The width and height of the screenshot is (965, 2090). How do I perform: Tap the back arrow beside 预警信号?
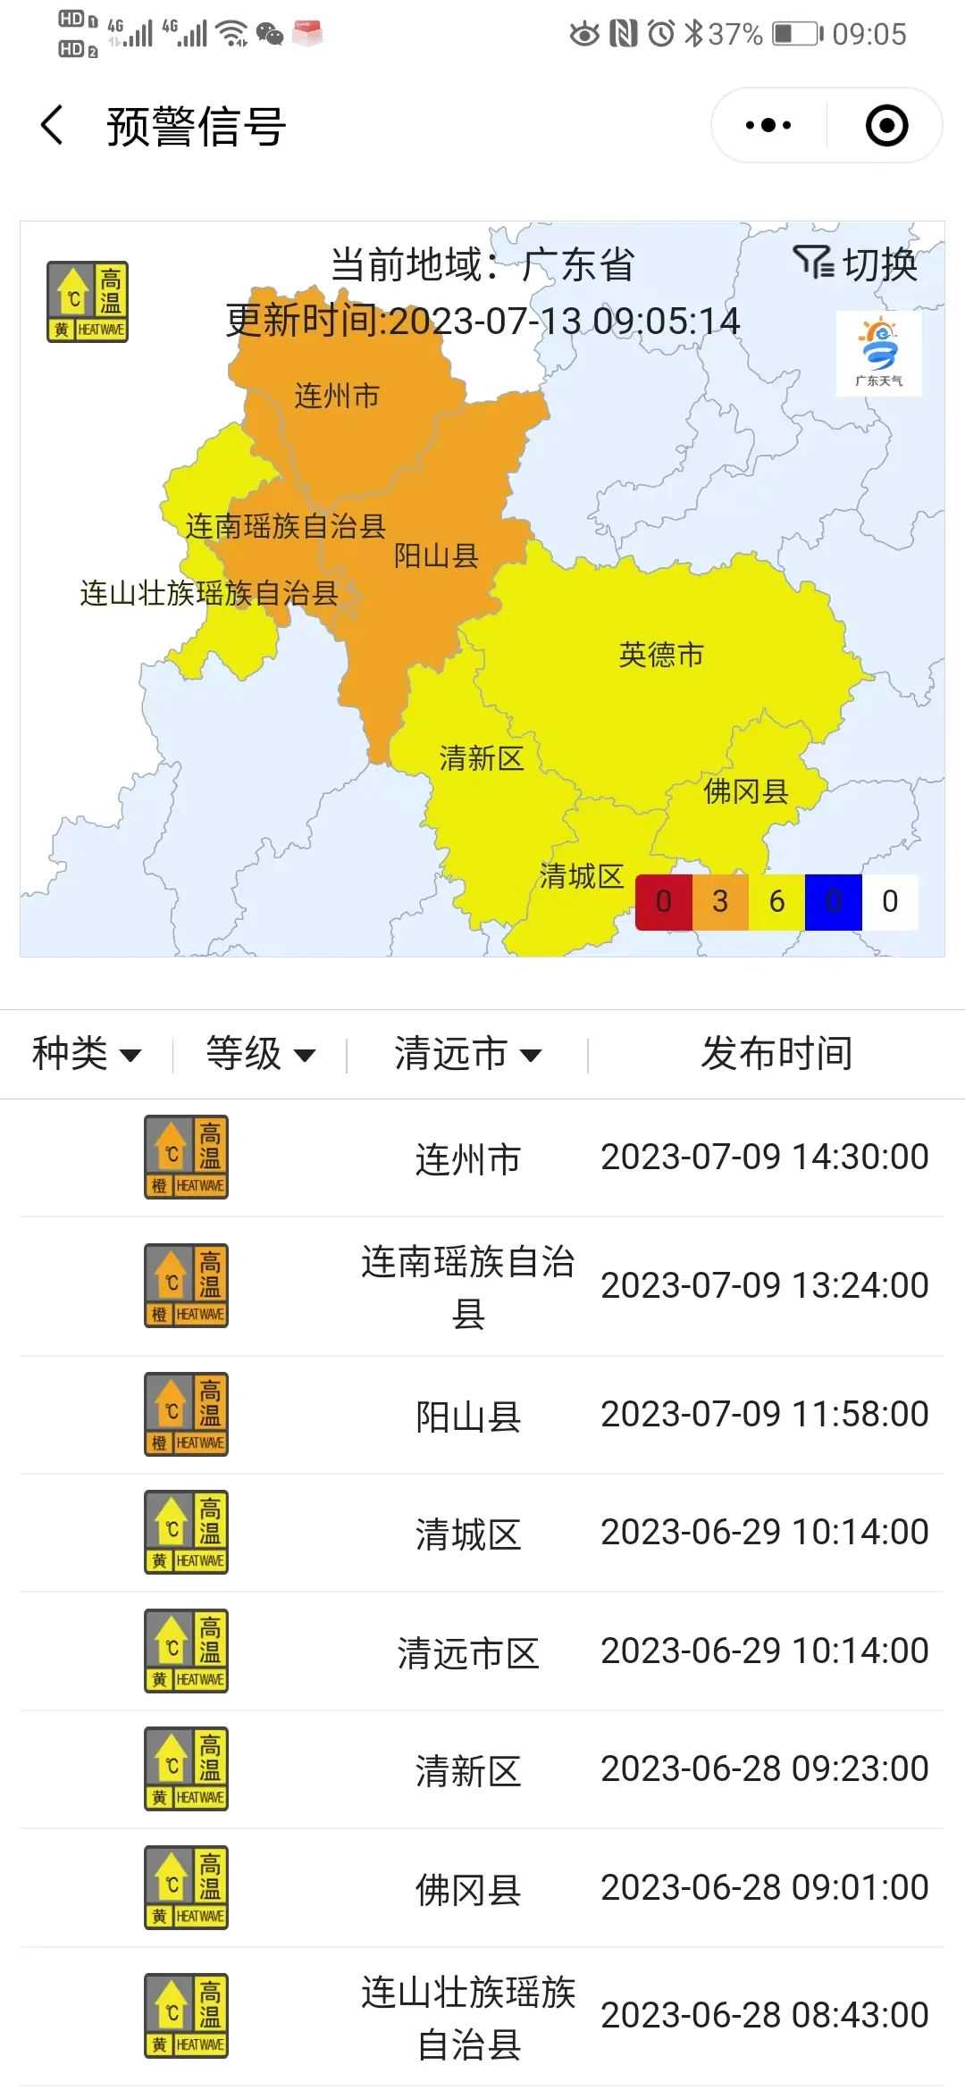click(53, 125)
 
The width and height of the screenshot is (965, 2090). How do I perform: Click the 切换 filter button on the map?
click(855, 264)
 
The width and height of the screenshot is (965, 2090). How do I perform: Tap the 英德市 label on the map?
click(661, 655)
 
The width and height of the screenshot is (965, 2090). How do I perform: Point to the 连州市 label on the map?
click(337, 396)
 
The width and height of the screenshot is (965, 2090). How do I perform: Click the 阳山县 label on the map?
click(437, 556)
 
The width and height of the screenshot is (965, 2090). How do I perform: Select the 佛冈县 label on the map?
click(746, 791)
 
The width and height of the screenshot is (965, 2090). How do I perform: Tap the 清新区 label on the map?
click(482, 759)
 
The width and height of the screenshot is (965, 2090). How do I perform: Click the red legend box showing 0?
click(663, 902)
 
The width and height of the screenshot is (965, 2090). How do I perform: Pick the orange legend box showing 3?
click(720, 902)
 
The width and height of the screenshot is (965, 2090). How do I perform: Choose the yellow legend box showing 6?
click(776, 902)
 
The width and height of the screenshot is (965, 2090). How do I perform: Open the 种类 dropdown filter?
click(87, 1054)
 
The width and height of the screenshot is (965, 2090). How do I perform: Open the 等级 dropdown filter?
click(260, 1054)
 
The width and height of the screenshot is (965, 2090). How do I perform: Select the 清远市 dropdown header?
click(467, 1054)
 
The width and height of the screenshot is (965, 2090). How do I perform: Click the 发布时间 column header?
click(776, 1054)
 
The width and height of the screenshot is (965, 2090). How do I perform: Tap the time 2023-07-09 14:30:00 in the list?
click(765, 1158)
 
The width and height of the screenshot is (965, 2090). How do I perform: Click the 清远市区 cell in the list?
click(468, 1653)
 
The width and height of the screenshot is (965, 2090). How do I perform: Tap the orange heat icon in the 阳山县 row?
click(187, 1414)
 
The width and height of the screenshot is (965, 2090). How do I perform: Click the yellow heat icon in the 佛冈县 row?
click(187, 1887)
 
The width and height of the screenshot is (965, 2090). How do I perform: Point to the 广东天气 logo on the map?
click(879, 354)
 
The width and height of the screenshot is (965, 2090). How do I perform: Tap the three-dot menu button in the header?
click(768, 125)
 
